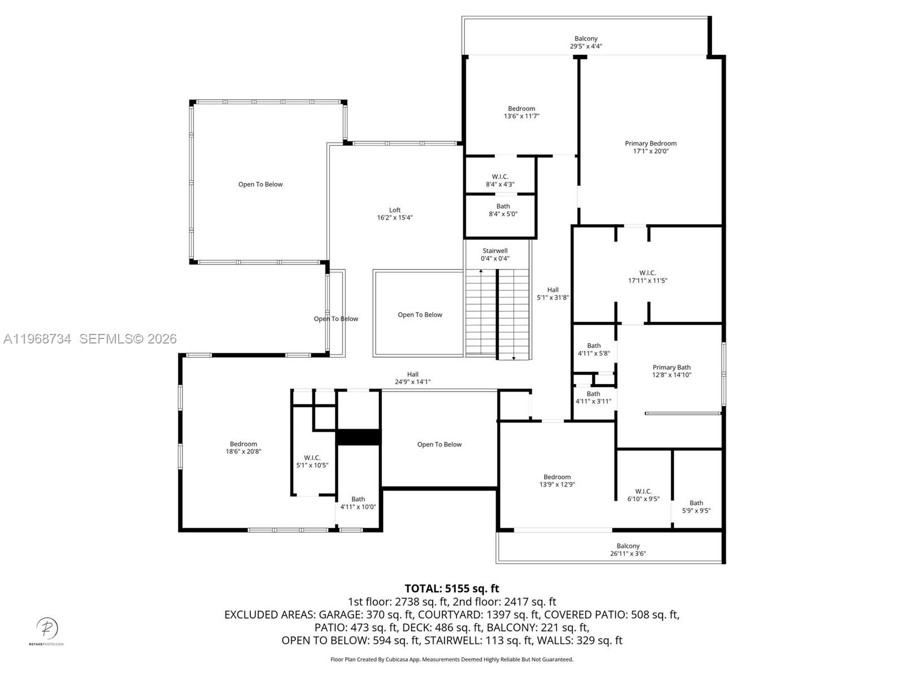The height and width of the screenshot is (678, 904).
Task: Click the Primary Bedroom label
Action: [650, 144]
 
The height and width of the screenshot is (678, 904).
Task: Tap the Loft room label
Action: [394, 210]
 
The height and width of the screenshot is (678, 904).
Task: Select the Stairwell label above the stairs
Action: [495, 251]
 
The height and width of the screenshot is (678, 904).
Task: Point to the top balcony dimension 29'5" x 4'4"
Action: [586, 46]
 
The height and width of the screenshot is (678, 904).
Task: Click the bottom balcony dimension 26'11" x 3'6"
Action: [628, 554]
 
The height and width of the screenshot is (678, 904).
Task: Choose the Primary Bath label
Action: [671, 367]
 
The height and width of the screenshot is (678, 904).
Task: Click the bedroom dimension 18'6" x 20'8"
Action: [244, 451]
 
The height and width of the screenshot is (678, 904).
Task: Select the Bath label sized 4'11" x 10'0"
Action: [358, 499]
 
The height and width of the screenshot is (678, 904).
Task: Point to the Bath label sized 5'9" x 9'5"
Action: [696, 503]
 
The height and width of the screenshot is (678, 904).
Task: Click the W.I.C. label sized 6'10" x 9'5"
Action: [643, 492]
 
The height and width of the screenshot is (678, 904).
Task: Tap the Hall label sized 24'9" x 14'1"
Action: [412, 374]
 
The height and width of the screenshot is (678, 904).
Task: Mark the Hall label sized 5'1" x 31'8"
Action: [553, 290]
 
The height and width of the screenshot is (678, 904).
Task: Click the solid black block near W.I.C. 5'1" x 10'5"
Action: [358, 437]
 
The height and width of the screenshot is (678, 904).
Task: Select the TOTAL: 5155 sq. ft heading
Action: [451, 589]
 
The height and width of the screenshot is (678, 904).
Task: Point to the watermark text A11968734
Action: [37, 339]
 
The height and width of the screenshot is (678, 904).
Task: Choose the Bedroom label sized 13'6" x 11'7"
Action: [521, 108]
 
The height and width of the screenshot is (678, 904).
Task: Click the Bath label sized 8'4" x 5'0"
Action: [503, 206]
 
